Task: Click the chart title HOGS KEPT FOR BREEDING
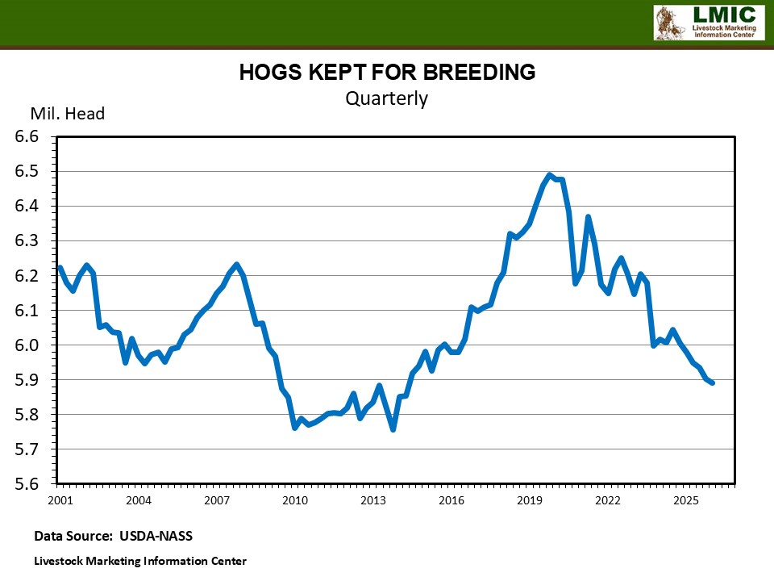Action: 387,73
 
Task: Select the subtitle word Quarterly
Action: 386,98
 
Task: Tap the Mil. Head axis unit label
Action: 68,114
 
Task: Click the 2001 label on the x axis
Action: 60,500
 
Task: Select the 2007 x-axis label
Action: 217,500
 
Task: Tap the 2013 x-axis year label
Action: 373,500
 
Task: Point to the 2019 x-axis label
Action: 530,500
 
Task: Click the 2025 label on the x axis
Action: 686,500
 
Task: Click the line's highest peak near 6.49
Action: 549,174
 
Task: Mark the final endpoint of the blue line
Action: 713,382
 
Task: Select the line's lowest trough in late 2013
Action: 393,429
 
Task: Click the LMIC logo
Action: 707,23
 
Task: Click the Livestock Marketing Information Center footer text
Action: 140,561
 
